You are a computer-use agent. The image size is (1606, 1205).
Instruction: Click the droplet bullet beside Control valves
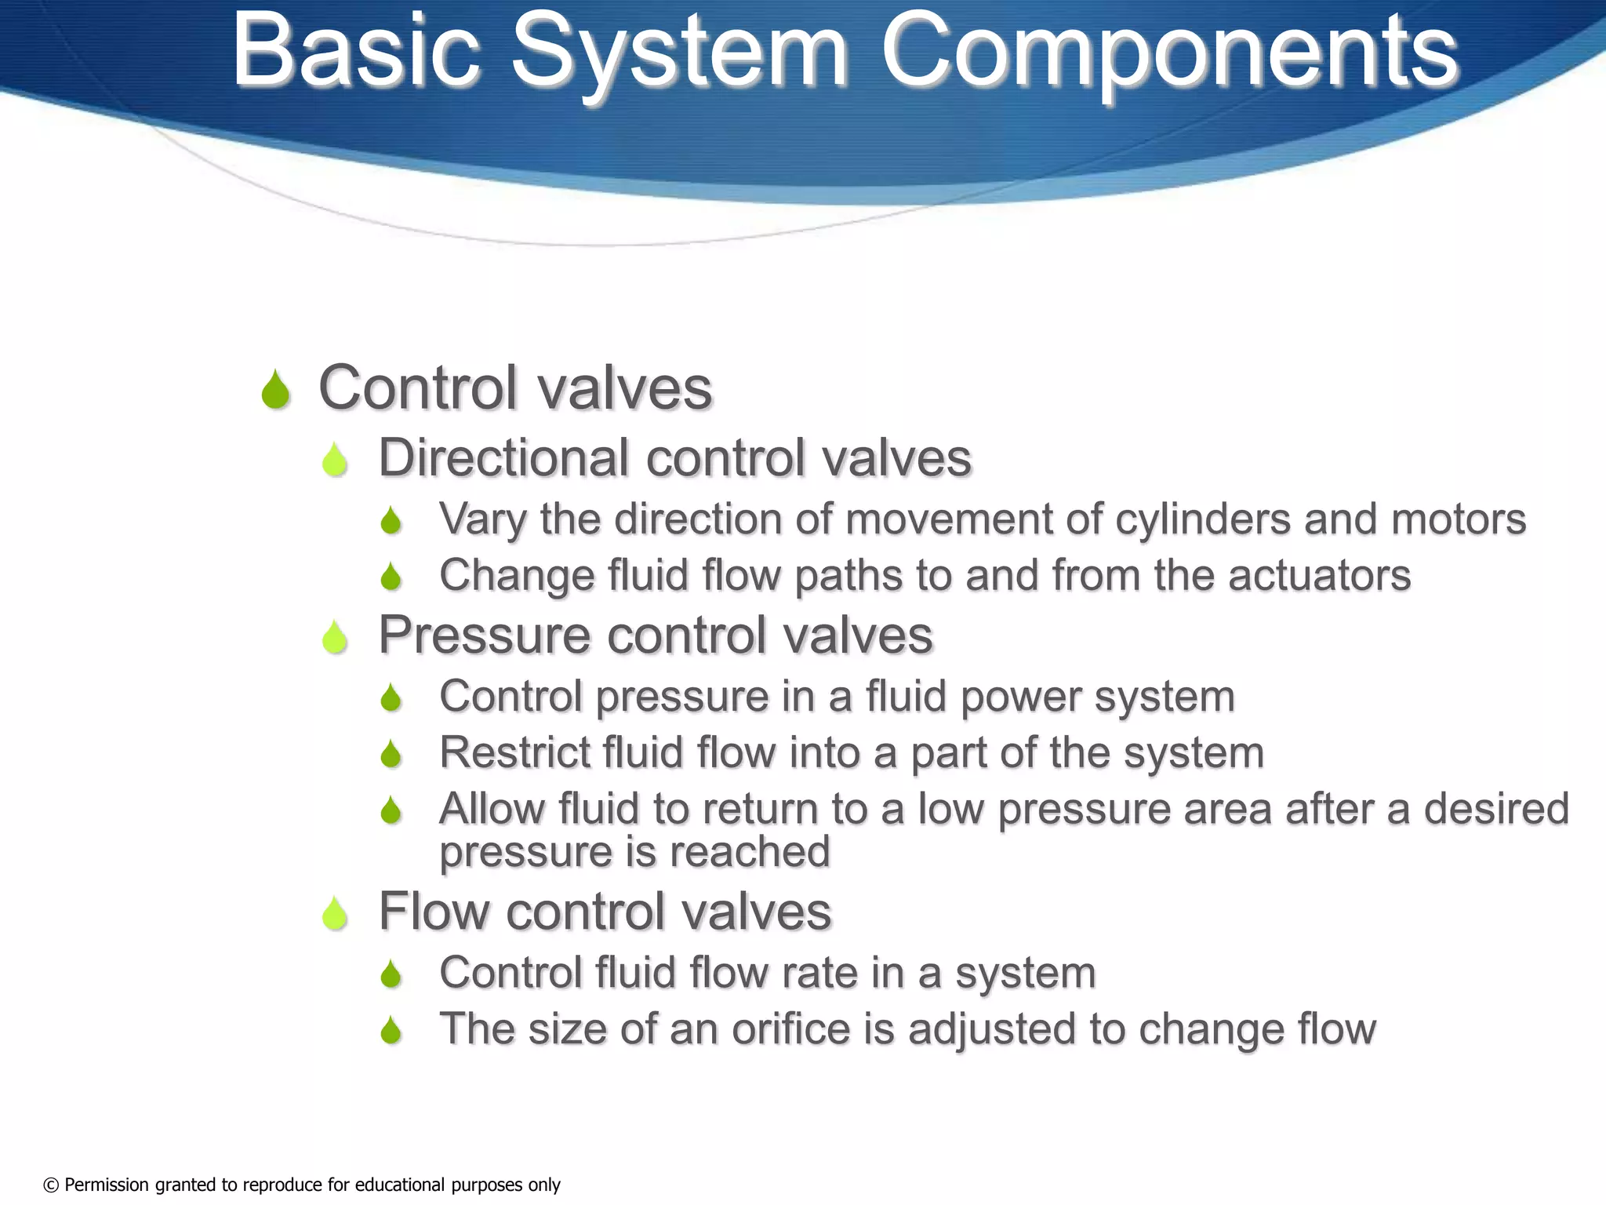click(275, 390)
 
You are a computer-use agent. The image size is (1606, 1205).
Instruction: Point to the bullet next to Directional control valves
click(335, 459)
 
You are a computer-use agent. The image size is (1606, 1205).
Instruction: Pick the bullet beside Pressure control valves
click(335, 636)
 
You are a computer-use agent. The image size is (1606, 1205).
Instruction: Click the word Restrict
click(514, 752)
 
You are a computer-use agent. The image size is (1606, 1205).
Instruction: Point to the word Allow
click(491, 809)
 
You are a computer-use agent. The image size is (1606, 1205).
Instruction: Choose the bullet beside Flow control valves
click(335, 913)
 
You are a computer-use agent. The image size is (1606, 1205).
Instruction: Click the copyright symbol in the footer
click(51, 1185)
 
